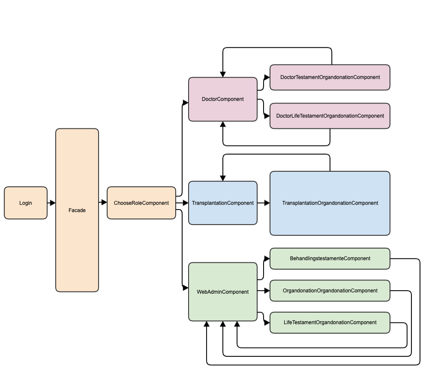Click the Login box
(26, 203)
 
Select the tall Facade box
(77, 210)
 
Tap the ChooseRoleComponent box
(141, 203)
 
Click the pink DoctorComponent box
(223, 99)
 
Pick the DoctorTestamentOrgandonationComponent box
(330, 77)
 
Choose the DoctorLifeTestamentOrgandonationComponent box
(330, 116)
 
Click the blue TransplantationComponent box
(223, 203)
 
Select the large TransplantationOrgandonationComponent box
(330, 203)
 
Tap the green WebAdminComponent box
(223, 292)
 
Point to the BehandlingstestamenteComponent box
(330, 258)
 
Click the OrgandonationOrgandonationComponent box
(330, 291)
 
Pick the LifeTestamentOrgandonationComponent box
(330, 322)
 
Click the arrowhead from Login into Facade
(53, 203)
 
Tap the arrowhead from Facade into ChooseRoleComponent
(104, 202)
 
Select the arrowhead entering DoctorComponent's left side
(186, 103)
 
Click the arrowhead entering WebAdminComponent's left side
(186, 288)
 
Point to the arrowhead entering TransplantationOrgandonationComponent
(267, 203)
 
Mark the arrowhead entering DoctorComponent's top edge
(223, 75)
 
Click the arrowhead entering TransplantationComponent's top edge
(223, 178)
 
